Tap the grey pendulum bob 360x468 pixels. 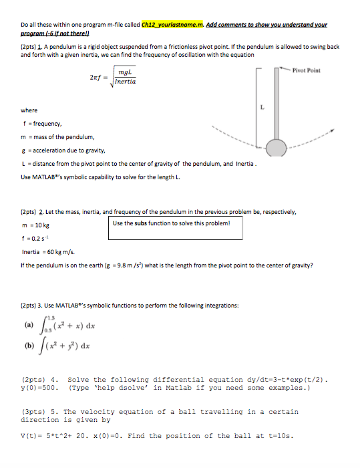click(x=275, y=147)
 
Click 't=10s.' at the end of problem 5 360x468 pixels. click(x=278, y=437)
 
